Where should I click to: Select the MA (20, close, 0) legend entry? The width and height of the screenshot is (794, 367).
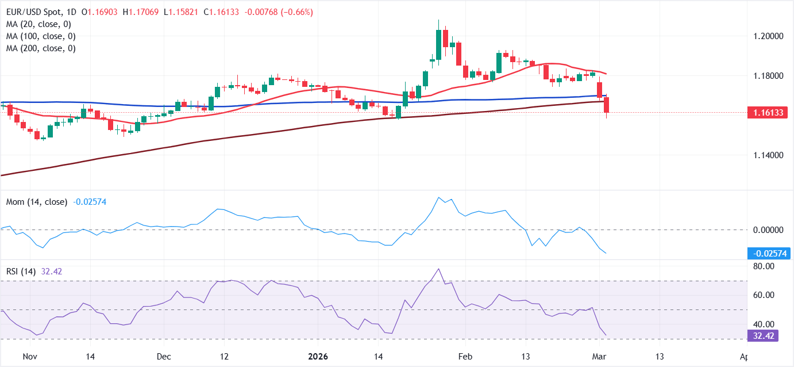pyautogui.click(x=38, y=24)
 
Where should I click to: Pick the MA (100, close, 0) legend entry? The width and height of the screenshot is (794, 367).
pyautogui.click(x=40, y=36)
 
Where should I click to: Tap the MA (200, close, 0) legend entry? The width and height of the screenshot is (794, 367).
pyautogui.click(x=40, y=48)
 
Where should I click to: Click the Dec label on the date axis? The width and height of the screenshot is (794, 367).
pyautogui.click(x=164, y=356)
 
